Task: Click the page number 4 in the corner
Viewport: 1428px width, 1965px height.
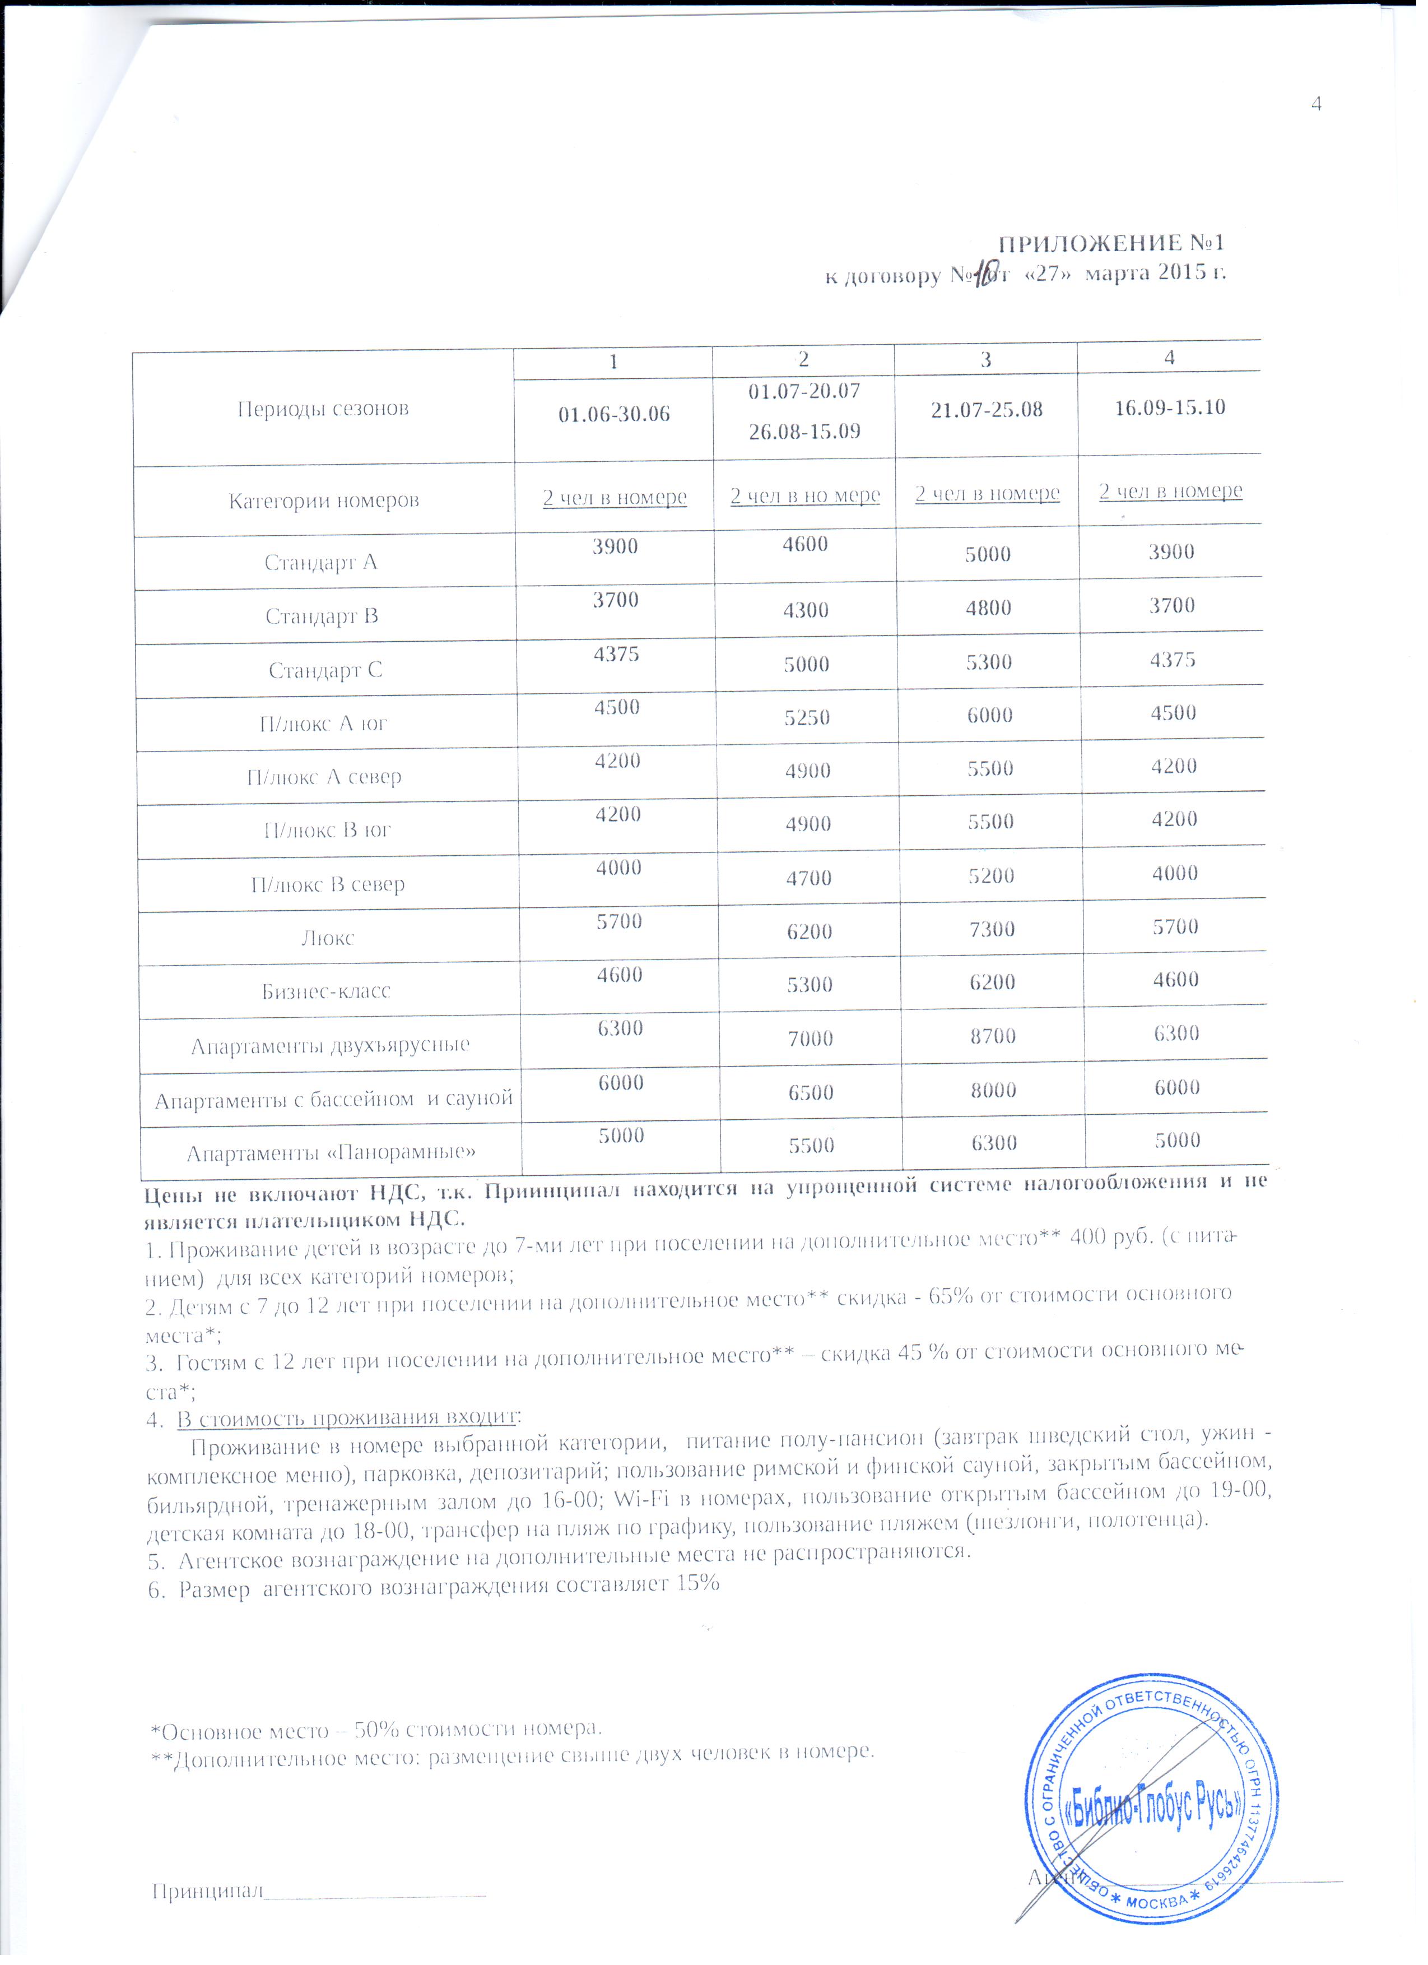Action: (1317, 105)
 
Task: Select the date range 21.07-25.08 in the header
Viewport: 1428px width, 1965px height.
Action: (987, 410)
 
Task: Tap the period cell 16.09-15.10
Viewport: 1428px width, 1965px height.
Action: (1169, 407)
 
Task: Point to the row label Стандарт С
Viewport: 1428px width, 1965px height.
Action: (325, 670)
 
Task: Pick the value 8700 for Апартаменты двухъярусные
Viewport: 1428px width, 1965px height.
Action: (992, 1035)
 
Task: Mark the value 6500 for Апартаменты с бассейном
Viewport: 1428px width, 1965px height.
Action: (811, 1092)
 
